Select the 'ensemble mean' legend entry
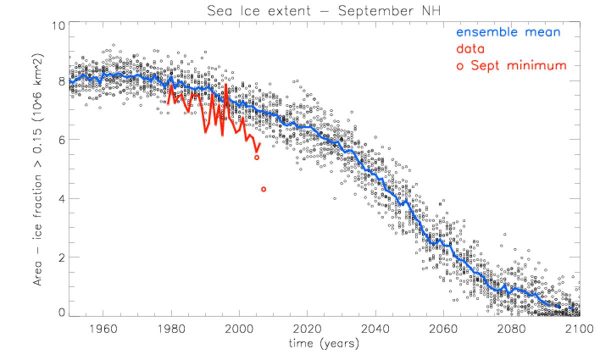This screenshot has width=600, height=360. click(x=508, y=32)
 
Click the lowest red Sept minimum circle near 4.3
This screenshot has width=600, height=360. click(x=263, y=189)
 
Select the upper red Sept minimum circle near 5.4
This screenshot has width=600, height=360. click(x=256, y=157)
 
